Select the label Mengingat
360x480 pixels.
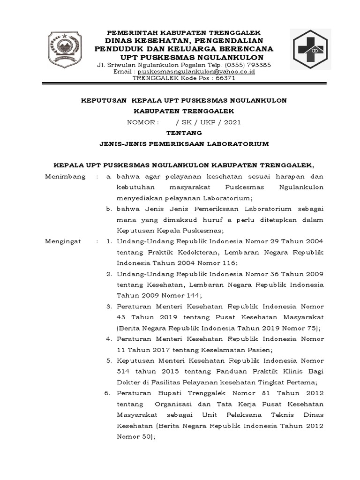point(63,241)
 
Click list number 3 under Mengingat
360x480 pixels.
point(108,306)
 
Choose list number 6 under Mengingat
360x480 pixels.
point(108,392)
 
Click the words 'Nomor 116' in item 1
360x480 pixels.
point(220,262)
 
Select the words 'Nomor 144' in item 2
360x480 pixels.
point(184,295)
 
